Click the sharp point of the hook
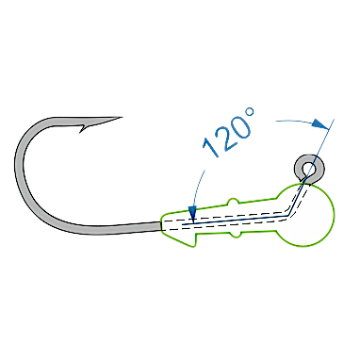point(122,118)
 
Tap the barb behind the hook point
point(82,129)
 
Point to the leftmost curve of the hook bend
point(18,163)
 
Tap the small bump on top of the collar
point(233,201)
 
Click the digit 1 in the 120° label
point(211,147)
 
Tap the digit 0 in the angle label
point(240,127)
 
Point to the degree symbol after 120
point(250,111)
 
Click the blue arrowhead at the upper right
point(319,123)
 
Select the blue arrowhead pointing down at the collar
point(192,214)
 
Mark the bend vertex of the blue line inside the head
point(288,216)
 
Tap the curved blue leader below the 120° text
point(197,188)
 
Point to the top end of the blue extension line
point(334,120)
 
